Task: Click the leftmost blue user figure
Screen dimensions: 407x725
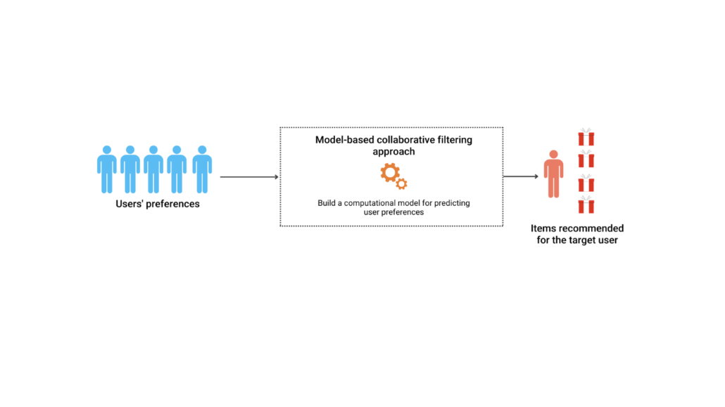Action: pos(107,169)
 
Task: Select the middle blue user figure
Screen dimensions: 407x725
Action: pos(153,169)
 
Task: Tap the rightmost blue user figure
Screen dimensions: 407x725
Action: pos(201,169)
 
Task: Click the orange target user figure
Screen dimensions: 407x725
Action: pos(553,174)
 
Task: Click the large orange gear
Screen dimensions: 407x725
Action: pos(389,173)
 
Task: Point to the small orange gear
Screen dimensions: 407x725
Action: pos(402,184)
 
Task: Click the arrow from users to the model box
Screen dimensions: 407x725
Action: pos(249,177)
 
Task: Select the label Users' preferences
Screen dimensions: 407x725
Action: pos(158,205)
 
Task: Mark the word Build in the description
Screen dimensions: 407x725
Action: pos(327,203)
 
